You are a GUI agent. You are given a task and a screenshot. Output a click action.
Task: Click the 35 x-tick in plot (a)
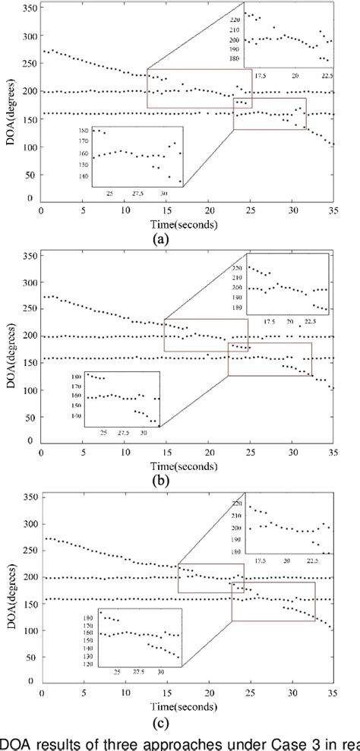click(333, 211)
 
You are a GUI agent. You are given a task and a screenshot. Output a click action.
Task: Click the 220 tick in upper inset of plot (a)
click(234, 18)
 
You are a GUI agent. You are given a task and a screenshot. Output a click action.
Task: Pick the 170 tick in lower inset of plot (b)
click(74, 387)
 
